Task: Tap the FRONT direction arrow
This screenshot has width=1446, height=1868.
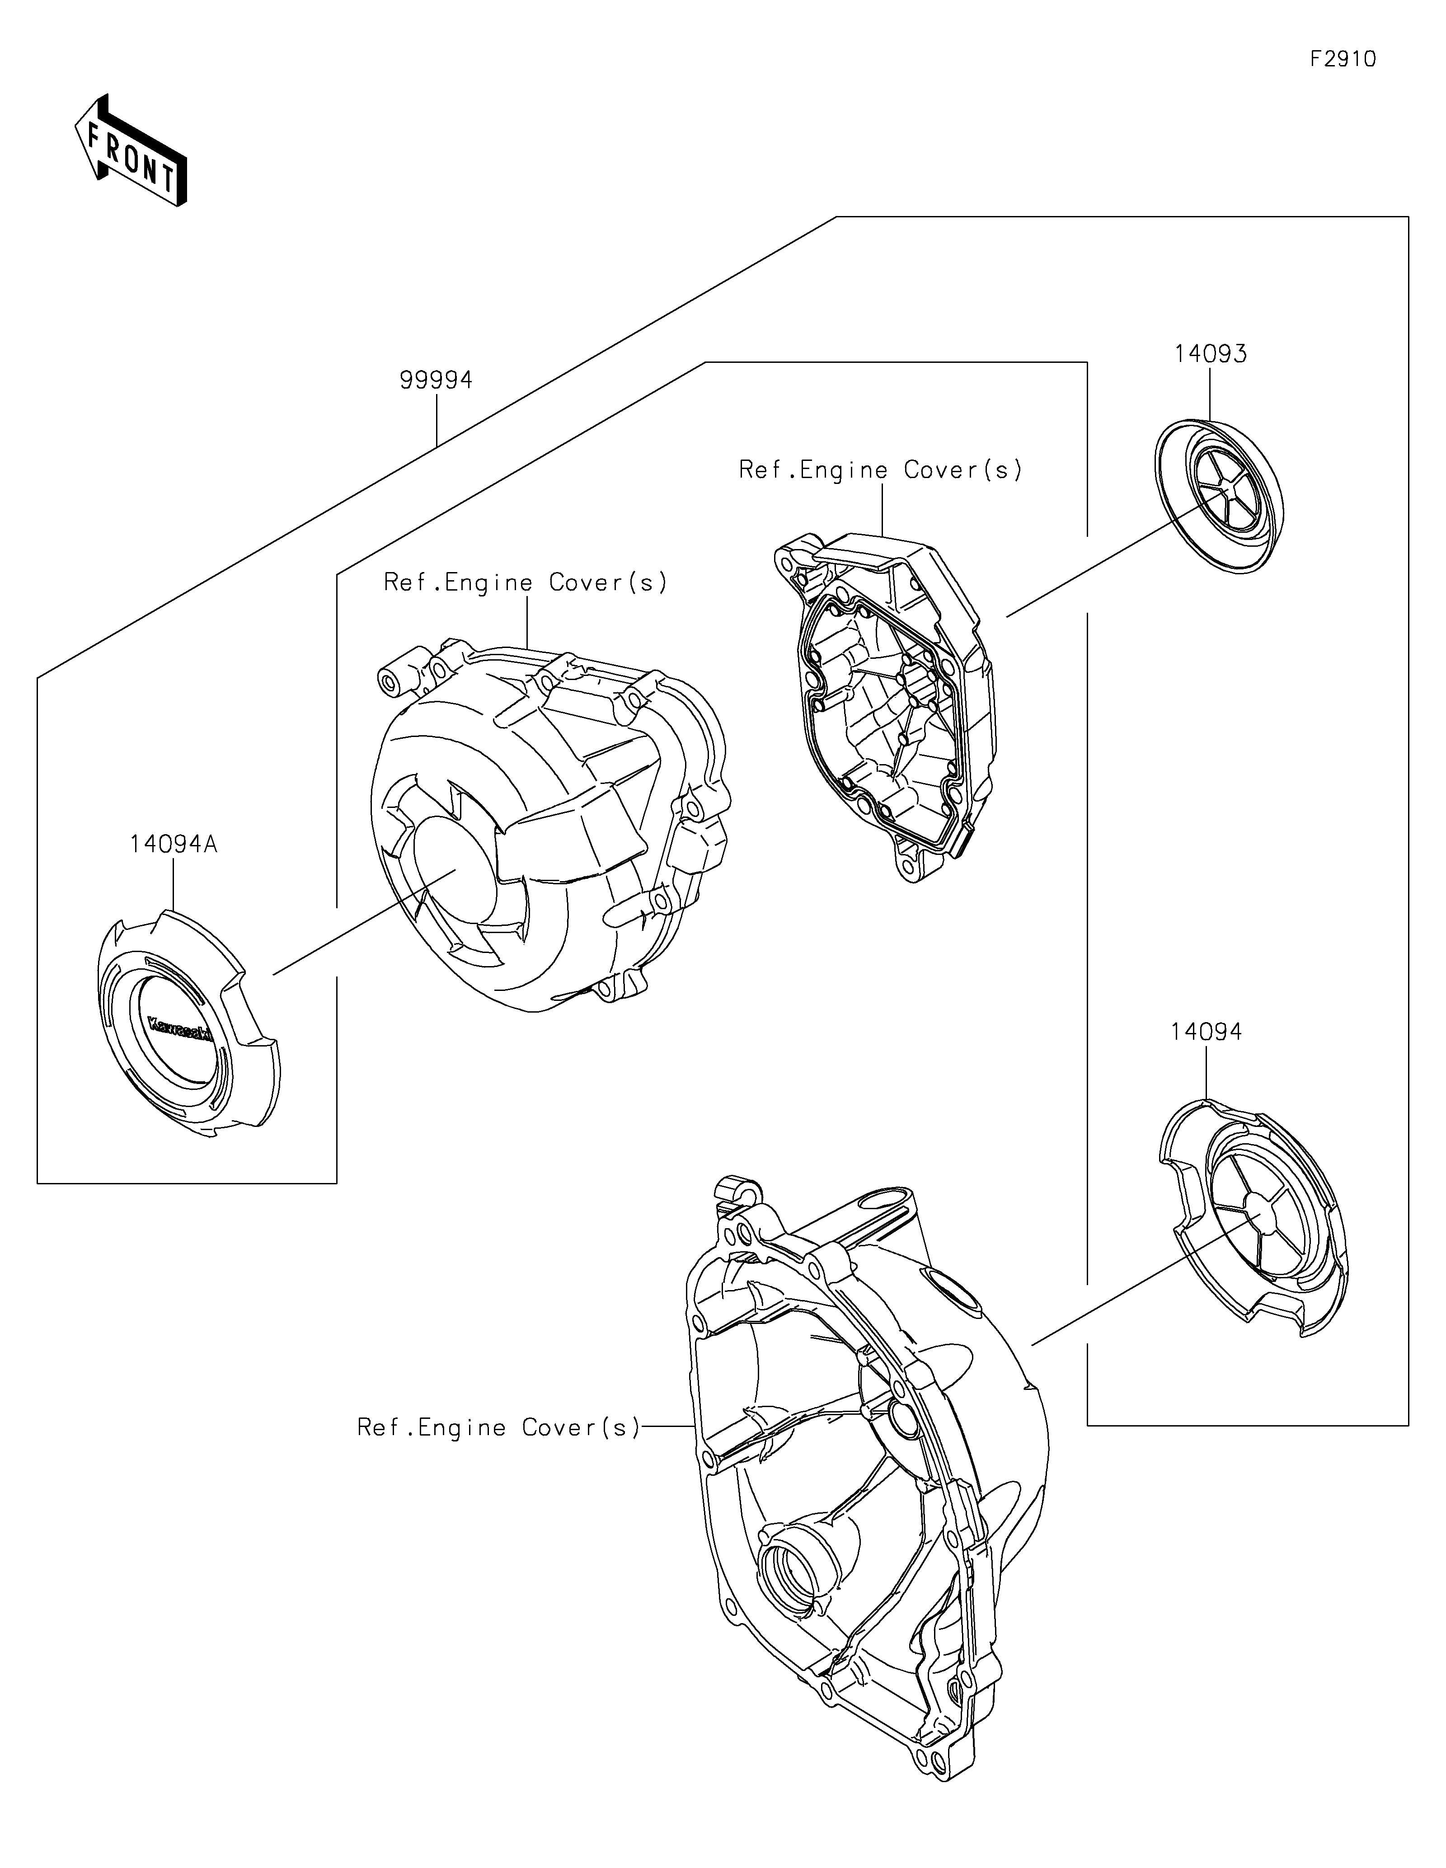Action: pyautogui.click(x=131, y=151)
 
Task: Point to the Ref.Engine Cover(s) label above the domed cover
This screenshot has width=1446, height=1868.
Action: pyautogui.click(x=525, y=582)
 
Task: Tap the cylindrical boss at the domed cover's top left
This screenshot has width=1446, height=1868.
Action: pyautogui.click(x=392, y=682)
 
